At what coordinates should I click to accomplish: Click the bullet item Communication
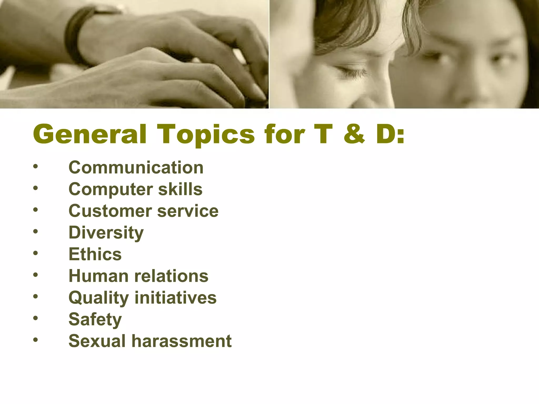pyautogui.click(x=136, y=168)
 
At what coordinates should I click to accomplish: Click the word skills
pyautogui.click(x=180, y=189)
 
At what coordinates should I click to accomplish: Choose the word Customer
pyautogui.click(x=110, y=211)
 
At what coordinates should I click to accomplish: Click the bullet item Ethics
pyautogui.click(x=95, y=254)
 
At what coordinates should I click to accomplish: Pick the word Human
pyautogui.click(x=98, y=276)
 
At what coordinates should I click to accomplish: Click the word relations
pyautogui.click(x=171, y=276)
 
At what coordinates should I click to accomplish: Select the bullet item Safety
pyautogui.click(x=95, y=320)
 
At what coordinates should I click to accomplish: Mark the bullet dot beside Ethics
pyautogui.click(x=36, y=253)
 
